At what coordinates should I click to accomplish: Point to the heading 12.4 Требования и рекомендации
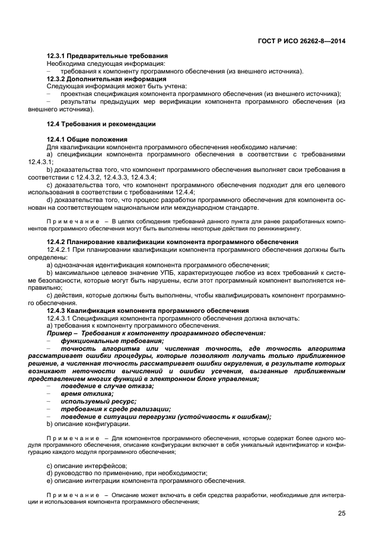pyautogui.click(x=101, y=124)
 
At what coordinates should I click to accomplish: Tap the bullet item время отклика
pyautogui.click(x=87, y=393)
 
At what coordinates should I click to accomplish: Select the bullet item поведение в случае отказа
pyautogui.click(x=107, y=386)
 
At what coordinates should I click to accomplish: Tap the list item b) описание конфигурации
pyautogui.click(x=88, y=424)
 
